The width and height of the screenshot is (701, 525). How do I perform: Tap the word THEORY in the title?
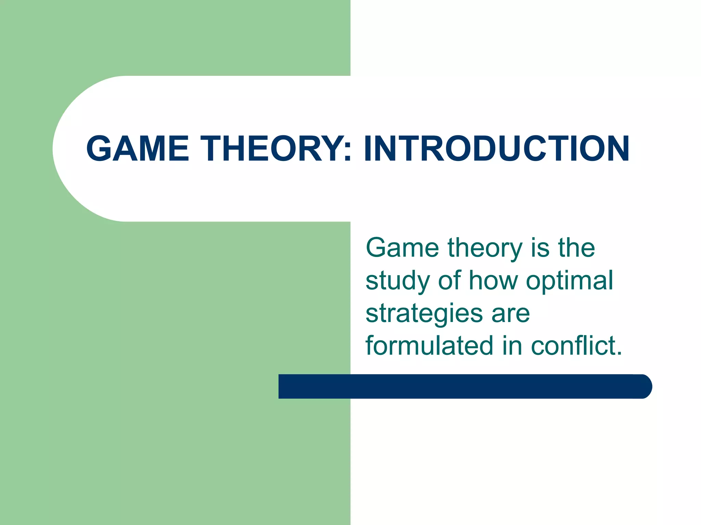click(270, 149)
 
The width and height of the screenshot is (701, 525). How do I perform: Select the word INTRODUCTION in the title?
click(496, 149)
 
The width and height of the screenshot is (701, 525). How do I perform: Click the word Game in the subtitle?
click(402, 247)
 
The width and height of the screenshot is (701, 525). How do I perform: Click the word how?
click(493, 280)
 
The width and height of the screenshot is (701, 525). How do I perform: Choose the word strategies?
click(424, 314)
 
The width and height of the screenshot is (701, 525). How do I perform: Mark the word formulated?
click(429, 346)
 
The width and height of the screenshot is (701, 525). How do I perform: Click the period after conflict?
click(619, 354)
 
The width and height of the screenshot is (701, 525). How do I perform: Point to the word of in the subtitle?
click(449, 280)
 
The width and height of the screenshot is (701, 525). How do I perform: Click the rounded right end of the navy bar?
click(643, 387)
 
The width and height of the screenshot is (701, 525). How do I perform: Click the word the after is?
click(576, 247)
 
